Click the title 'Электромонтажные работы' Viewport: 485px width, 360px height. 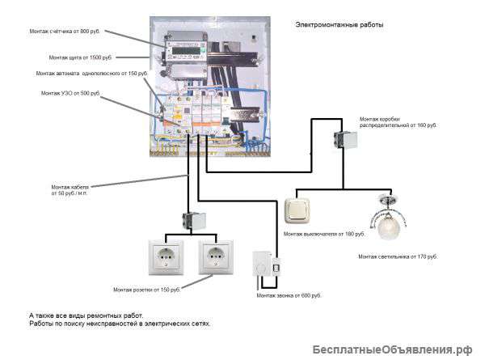339,24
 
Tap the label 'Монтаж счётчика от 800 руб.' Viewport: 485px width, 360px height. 65,32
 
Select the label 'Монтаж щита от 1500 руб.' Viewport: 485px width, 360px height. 80,57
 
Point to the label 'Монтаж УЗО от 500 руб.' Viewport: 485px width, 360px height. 70,93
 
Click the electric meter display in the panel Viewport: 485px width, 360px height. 186,51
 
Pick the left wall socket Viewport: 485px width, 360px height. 166,257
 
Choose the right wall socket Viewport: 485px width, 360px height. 216,257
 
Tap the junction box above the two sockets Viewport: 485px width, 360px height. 194,221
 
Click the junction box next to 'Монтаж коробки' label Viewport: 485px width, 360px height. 345,140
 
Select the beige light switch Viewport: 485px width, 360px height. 297,210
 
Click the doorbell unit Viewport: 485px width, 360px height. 267,264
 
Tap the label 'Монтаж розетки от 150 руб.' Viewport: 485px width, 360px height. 146,290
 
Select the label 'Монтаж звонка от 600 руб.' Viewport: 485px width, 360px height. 289,295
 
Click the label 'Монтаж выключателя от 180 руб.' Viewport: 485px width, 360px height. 324,234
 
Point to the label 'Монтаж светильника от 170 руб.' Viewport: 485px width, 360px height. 398,256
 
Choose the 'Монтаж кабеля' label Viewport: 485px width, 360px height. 70,190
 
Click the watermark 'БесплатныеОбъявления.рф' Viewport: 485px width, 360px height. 392,349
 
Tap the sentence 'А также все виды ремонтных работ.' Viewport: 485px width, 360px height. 86,316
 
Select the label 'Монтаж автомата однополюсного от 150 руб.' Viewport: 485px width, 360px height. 91,74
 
